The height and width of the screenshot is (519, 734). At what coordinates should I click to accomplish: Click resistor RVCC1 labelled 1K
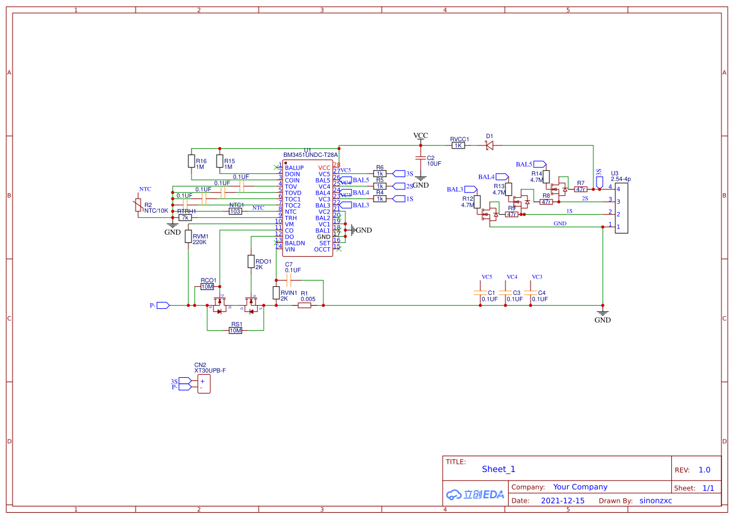click(x=458, y=145)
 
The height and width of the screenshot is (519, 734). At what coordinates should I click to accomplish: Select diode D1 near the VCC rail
click(x=489, y=145)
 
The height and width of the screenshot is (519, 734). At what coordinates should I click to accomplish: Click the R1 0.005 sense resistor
click(x=305, y=306)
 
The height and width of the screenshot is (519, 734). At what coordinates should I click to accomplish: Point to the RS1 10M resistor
click(x=235, y=330)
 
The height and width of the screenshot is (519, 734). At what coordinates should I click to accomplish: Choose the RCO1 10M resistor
click(x=207, y=286)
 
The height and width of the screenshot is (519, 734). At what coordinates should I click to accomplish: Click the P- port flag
click(x=162, y=306)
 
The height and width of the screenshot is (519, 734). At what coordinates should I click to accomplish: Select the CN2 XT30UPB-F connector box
click(x=203, y=384)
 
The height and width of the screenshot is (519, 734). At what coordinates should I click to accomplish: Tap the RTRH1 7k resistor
click(x=185, y=218)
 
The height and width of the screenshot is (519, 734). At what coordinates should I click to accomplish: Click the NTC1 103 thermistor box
click(x=235, y=211)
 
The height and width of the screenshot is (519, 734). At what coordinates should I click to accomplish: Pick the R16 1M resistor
click(x=191, y=161)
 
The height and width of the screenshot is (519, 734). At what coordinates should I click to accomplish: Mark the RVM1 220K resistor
click(x=188, y=236)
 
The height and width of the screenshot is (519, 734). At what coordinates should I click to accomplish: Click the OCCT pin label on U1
click(x=322, y=249)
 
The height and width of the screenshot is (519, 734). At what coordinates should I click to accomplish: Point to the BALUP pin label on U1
click(x=294, y=168)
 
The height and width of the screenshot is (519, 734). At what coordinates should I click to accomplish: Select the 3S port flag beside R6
click(x=399, y=174)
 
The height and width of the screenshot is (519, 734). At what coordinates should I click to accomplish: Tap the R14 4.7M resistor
click(x=546, y=176)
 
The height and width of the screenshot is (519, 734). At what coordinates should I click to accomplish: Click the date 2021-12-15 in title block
click(x=562, y=501)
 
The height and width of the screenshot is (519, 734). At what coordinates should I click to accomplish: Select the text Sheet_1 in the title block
click(x=499, y=469)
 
